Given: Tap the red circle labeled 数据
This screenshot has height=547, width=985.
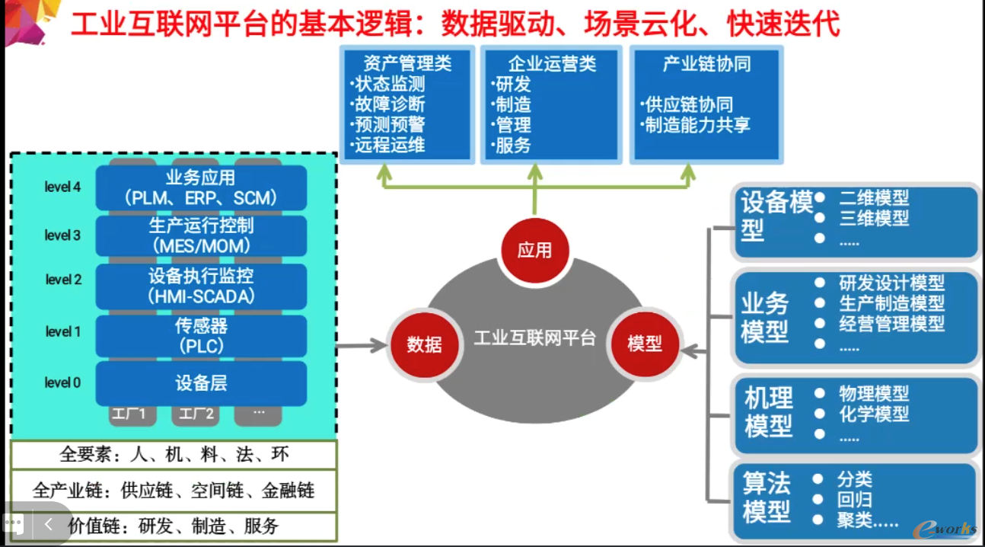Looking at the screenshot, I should [424, 344].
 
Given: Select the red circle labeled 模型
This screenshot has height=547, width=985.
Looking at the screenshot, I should [644, 344].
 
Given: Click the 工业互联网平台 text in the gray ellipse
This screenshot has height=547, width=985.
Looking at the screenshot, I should [534, 337].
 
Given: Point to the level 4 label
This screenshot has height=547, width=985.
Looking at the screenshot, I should [62, 187].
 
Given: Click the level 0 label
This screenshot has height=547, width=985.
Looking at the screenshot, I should [62, 382].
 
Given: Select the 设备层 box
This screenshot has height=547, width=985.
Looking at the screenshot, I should [201, 382].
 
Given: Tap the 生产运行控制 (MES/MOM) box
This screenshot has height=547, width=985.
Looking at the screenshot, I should [201, 235].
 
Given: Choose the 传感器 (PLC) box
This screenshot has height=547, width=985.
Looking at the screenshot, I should [201, 335].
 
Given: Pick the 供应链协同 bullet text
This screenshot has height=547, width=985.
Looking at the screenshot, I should [688, 104].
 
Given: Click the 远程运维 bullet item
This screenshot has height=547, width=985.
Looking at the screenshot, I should [389, 145].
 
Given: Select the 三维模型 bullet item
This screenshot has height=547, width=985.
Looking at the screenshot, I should [874, 218].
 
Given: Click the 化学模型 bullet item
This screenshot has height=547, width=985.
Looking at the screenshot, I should [874, 414].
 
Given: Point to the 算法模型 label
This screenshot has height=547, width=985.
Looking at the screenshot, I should [767, 497].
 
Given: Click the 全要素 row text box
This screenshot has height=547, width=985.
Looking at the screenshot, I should [174, 455].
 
